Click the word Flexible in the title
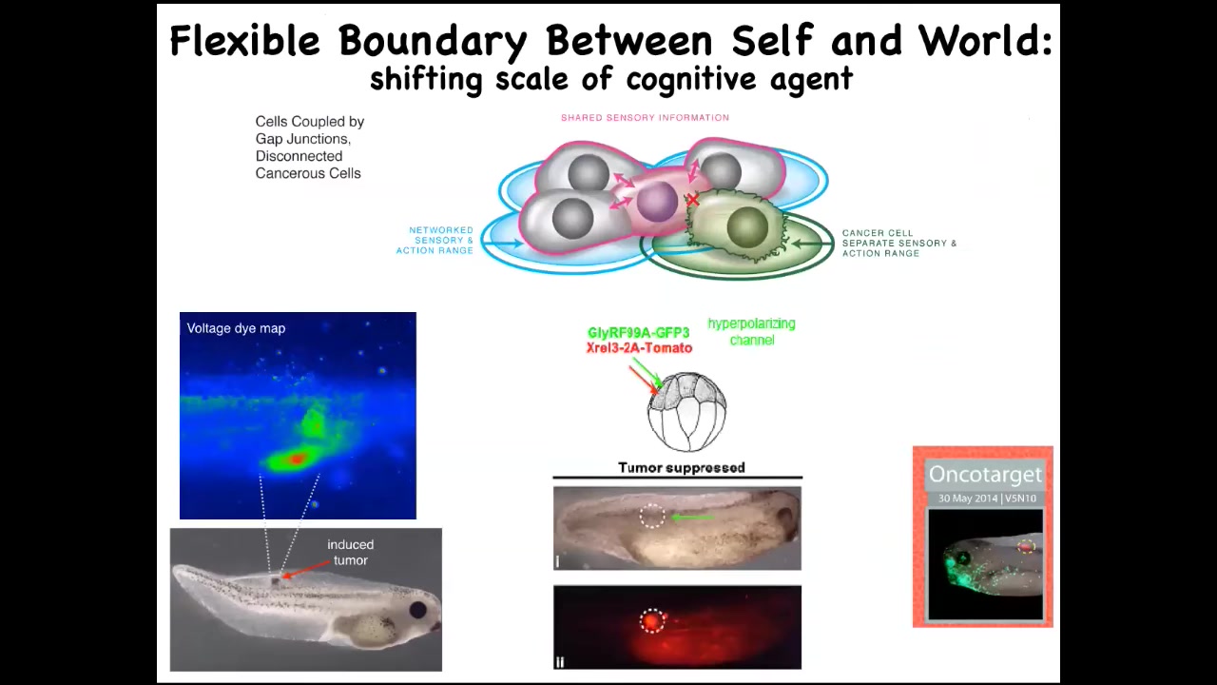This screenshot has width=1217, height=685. (x=244, y=41)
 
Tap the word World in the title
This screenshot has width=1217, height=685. (x=984, y=41)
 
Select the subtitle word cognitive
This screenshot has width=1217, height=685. (x=691, y=79)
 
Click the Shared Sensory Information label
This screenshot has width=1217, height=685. (x=645, y=117)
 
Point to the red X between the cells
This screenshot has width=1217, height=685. (x=692, y=200)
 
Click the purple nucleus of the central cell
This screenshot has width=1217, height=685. (x=657, y=202)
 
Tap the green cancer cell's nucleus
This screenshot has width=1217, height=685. (x=747, y=226)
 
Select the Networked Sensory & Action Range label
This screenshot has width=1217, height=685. (x=435, y=241)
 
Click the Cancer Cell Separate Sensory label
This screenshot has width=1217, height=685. (x=899, y=243)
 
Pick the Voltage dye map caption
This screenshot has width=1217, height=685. (x=236, y=328)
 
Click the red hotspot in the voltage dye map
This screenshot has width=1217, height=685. (x=296, y=460)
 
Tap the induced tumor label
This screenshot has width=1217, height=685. (x=351, y=553)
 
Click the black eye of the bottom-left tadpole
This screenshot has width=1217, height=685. (x=417, y=610)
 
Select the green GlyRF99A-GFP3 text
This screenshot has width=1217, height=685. (x=638, y=333)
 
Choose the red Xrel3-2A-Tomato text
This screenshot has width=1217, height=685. (x=639, y=348)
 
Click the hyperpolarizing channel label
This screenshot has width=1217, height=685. (x=751, y=332)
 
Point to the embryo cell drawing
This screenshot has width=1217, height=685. (x=686, y=412)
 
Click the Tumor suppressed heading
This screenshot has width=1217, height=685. (x=682, y=467)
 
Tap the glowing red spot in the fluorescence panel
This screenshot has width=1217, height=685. (x=651, y=620)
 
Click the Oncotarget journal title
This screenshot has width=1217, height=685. (x=985, y=475)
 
